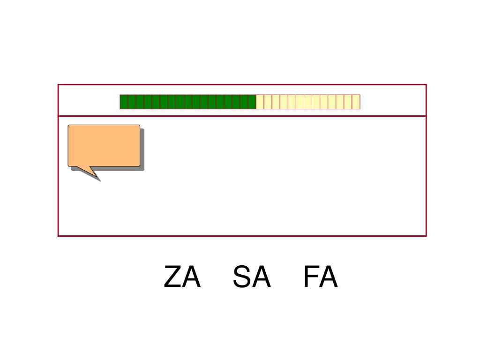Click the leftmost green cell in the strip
tap(124, 102)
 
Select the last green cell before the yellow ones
tap(252, 102)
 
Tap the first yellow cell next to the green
tap(260, 102)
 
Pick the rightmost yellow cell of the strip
tap(356, 102)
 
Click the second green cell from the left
tap(132, 102)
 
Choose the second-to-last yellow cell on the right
tap(348, 102)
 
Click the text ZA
tap(182, 277)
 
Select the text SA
tap(252, 277)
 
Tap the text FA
tap(320, 277)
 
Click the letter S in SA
tap(242, 277)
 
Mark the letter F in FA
tap(311, 277)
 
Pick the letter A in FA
tap(329, 277)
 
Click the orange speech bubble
tap(104, 145)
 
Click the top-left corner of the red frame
tap(58, 85)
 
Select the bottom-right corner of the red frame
tap(426, 235)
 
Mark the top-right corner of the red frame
tap(426, 85)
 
